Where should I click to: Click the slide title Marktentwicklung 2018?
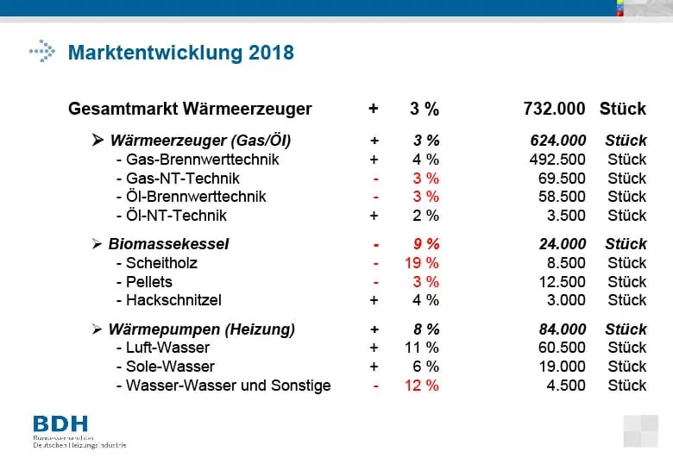[x=180, y=53]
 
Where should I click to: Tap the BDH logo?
[x=60, y=423]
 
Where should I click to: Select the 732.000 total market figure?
[x=555, y=109]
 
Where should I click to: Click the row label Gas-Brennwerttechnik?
[x=202, y=160]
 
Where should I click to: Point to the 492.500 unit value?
[x=557, y=160]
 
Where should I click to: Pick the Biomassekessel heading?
[x=168, y=244]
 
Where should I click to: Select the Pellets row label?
[x=148, y=282]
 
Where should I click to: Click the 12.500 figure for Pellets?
[x=562, y=282]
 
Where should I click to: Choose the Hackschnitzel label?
[x=173, y=300]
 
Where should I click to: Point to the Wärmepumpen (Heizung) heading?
[x=201, y=329]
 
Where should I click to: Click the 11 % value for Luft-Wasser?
[x=423, y=348]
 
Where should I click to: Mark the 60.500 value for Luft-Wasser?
[x=562, y=348]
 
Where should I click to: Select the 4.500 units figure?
[x=566, y=386]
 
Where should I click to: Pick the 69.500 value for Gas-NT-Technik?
[x=562, y=179]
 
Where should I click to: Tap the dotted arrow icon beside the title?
[x=41, y=52]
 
